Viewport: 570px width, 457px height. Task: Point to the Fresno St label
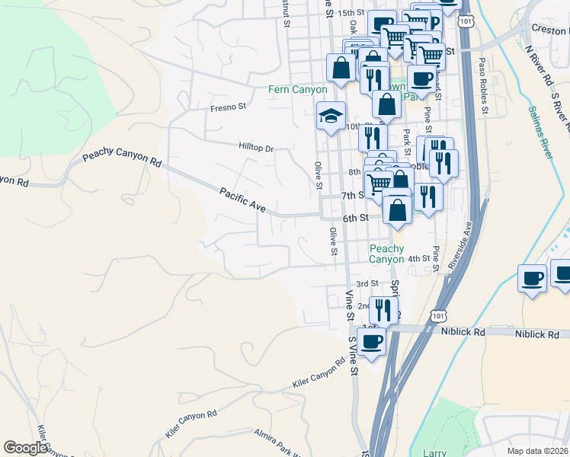point(229,108)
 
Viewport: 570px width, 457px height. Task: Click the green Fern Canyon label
point(297,89)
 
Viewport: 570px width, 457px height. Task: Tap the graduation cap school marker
point(331,116)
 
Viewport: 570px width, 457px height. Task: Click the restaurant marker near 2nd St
point(383,308)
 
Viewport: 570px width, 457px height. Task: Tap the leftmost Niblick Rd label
point(463,332)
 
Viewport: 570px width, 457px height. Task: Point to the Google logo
point(25,448)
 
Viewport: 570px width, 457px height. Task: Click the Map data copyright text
point(537,451)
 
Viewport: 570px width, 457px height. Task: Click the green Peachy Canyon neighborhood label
point(386,254)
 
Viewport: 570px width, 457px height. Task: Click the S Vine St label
point(353,356)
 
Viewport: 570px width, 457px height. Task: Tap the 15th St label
point(351,13)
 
